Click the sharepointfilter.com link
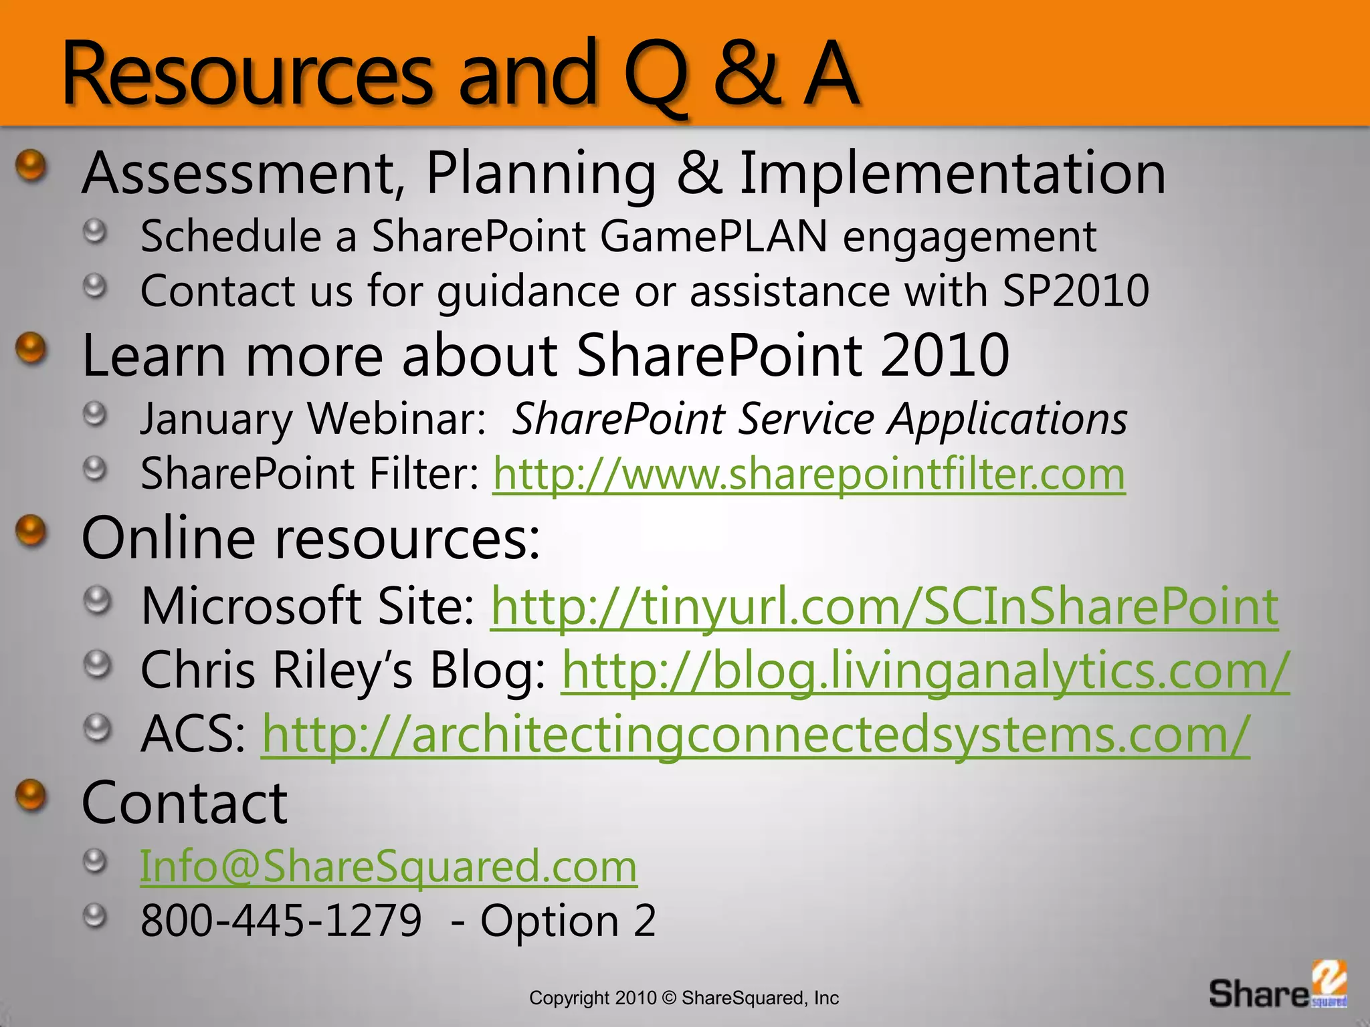pyautogui.click(x=809, y=474)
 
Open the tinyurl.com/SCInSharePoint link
pyautogui.click(x=884, y=606)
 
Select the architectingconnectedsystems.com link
pyautogui.click(x=755, y=735)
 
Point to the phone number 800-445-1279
pyautogui.click(x=281, y=921)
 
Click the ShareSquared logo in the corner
pyautogui.click(x=1278, y=986)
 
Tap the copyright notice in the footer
pyautogui.click(x=684, y=998)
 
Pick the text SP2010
pyautogui.click(x=1076, y=291)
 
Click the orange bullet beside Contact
pyautogui.click(x=31, y=796)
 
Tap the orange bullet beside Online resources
pyautogui.click(x=31, y=532)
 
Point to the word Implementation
pyautogui.click(x=953, y=174)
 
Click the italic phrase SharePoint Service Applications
pyautogui.click(x=819, y=419)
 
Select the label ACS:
pyautogui.click(x=193, y=735)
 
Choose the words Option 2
pyautogui.click(x=568, y=921)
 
